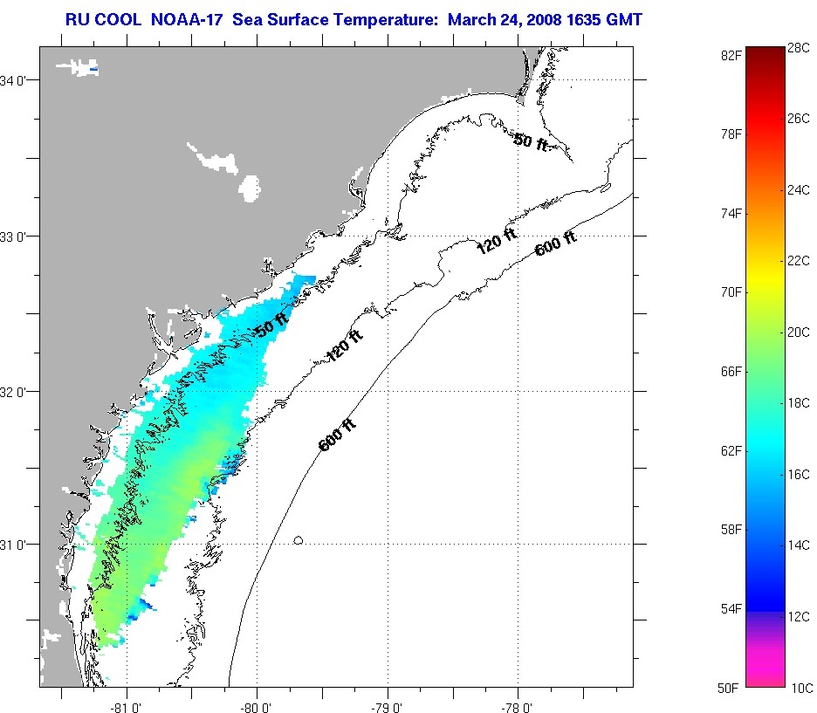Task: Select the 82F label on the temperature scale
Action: point(731,55)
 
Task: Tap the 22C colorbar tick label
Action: point(798,261)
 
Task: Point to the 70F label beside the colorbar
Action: point(731,292)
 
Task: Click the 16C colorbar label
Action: point(798,475)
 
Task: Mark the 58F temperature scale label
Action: point(731,530)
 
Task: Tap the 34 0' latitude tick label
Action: point(13,81)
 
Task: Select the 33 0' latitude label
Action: point(13,237)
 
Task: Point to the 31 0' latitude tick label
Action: point(13,545)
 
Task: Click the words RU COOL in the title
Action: point(99,18)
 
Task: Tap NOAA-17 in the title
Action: point(178,18)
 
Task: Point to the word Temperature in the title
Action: point(376,18)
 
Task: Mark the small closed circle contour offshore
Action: point(298,541)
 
